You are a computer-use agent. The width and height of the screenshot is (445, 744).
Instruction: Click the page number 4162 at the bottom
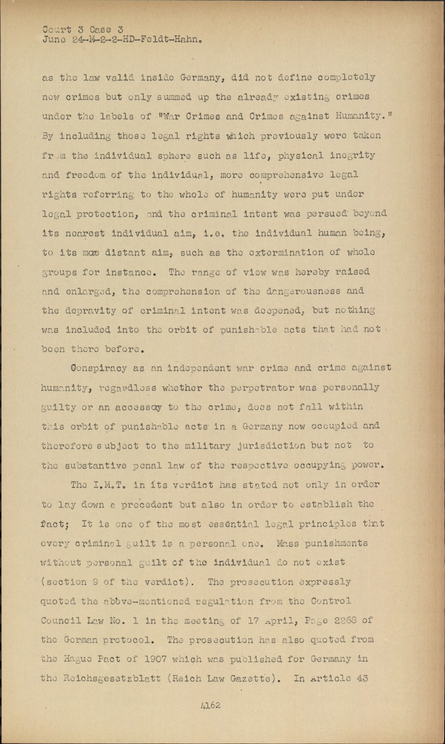click(x=211, y=705)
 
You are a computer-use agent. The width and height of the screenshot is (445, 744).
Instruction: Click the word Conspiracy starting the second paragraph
click(x=95, y=368)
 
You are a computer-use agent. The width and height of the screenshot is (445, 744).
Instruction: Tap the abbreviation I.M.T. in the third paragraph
click(x=110, y=485)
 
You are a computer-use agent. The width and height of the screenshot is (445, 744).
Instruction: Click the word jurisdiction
click(x=275, y=445)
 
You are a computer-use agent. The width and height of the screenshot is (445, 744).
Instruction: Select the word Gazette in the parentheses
click(x=252, y=678)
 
